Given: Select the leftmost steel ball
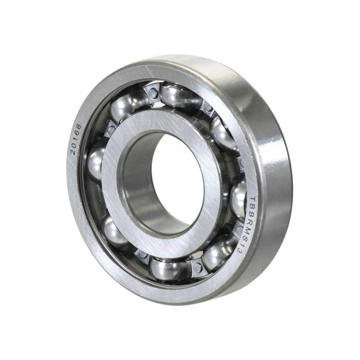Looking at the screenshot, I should click(x=96, y=164).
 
